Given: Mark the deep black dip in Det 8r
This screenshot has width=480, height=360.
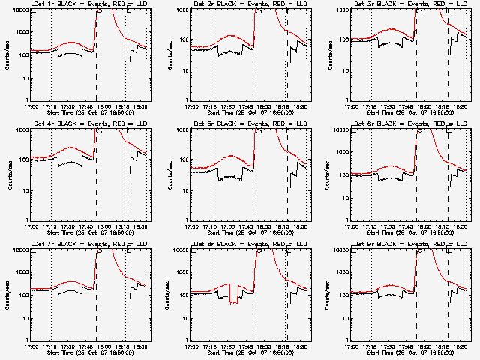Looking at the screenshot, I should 235,301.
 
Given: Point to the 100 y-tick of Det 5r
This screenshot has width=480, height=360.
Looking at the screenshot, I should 184,160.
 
